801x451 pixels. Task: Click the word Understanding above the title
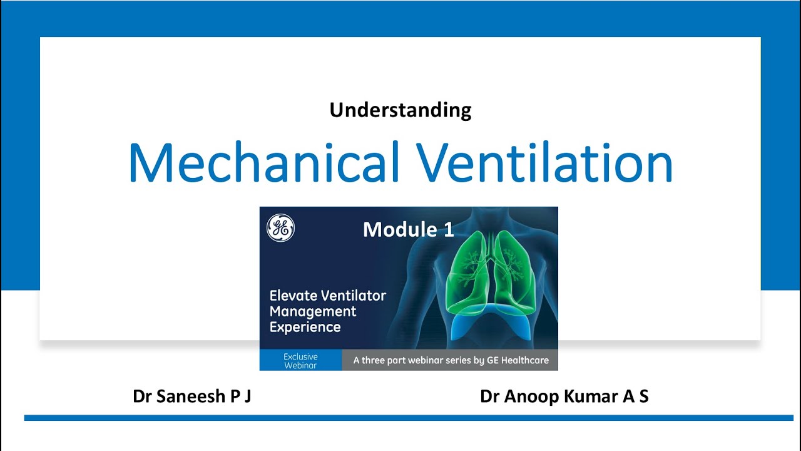400,110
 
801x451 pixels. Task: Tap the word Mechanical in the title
263,163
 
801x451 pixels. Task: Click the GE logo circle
280,229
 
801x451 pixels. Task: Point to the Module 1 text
408,230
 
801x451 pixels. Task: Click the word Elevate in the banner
295,296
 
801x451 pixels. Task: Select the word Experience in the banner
305,327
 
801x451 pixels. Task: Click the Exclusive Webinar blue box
300,360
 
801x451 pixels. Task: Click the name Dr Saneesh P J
192,397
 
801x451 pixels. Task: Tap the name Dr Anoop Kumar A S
564,397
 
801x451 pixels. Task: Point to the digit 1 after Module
449,230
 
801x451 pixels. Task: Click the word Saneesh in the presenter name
186,397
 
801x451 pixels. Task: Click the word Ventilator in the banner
356,296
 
